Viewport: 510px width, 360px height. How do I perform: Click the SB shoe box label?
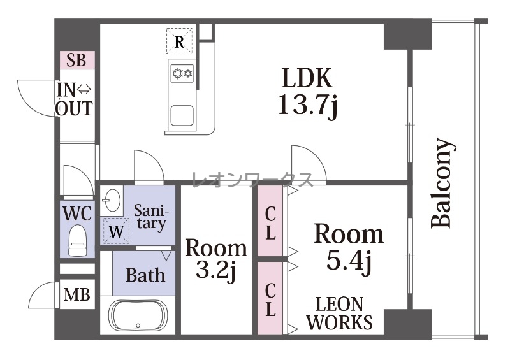76,60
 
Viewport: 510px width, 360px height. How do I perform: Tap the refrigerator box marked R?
180,41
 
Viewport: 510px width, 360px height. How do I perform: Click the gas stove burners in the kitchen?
182,73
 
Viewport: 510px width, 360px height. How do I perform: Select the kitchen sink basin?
182,115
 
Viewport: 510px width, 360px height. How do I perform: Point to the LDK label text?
307,77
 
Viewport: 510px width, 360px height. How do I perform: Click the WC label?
77,213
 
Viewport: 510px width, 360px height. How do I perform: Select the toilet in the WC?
77,240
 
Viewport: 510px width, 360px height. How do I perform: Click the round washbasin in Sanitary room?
111,199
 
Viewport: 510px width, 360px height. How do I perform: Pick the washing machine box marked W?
116,231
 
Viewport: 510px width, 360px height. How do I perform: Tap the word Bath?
145,275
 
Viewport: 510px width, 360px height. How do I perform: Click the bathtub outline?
138,315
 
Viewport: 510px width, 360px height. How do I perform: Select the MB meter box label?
77,294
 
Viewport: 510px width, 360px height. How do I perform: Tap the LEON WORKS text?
340,313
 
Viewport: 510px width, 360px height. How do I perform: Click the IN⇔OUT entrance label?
74,99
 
